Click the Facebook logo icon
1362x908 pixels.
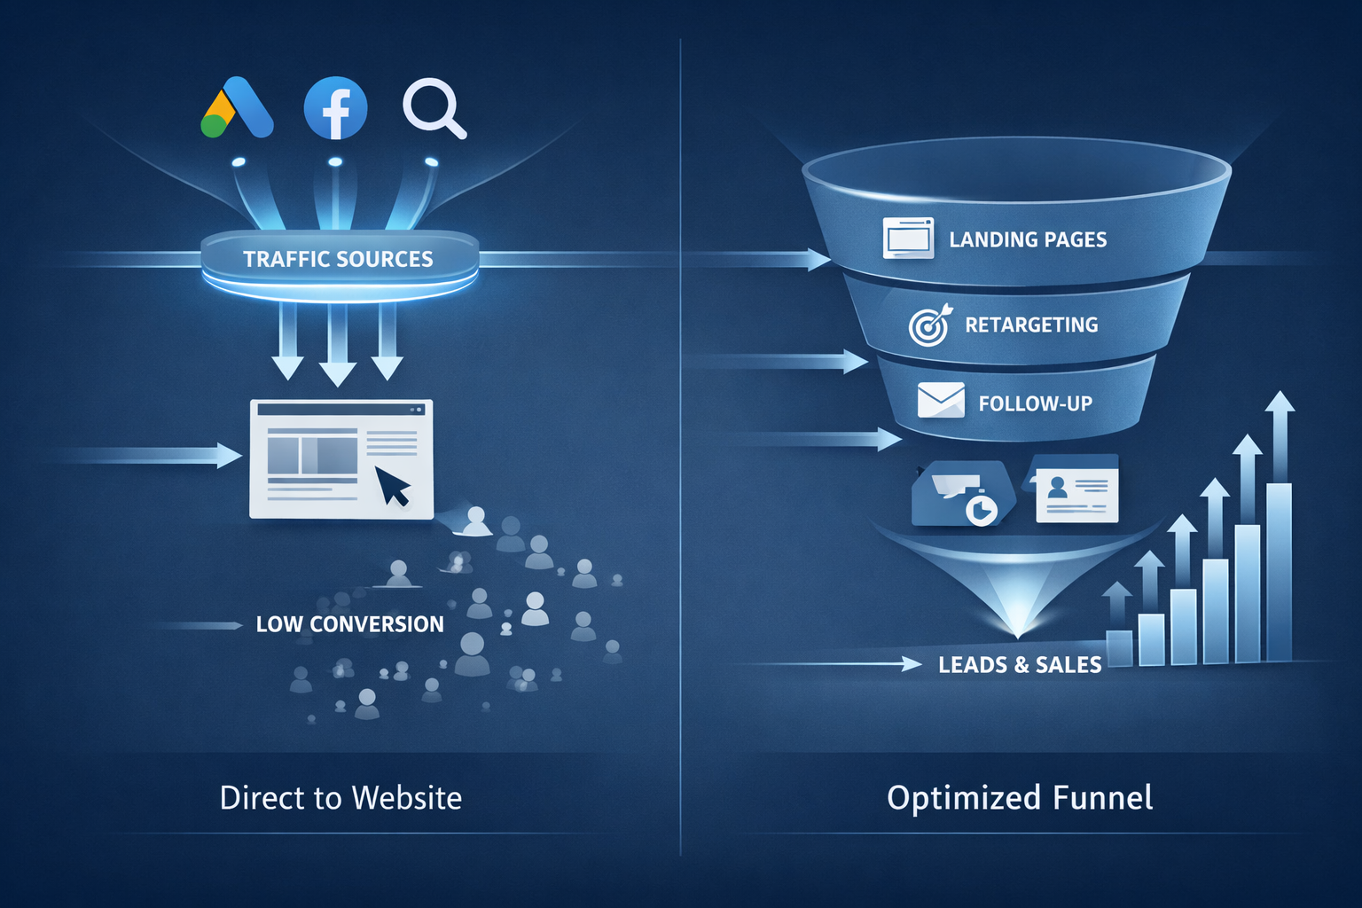click(x=335, y=108)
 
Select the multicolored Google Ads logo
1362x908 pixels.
click(x=237, y=108)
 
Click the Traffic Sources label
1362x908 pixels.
click(x=338, y=259)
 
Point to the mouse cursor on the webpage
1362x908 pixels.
click(x=393, y=485)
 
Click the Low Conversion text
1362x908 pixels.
click(x=349, y=624)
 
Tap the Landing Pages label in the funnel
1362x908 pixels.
click(x=1028, y=239)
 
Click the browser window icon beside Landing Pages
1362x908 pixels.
click(x=908, y=239)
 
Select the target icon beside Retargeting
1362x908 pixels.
click(x=928, y=325)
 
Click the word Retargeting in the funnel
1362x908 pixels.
click(x=1031, y=325)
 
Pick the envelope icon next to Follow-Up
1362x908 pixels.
click(x=941, y=400)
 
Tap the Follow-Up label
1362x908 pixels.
click(x=1035, y=403)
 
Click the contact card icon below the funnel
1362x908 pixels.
click(x=1076, y=490)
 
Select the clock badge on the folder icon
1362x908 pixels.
click(x=982, y=509)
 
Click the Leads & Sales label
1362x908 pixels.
click(x=1020, y=665)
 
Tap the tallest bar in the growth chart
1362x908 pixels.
click(x=1279, y=571)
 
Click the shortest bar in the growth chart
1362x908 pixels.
click(x=1119, y=646)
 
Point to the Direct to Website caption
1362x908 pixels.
click(x=340, y=798)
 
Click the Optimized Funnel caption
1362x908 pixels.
click(x=1020, y=798)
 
